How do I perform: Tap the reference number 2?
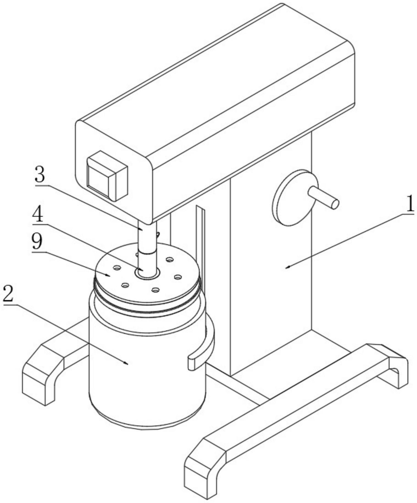coord(8,294)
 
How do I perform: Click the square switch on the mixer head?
coord(108,175)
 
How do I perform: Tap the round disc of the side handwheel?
coord(294,197)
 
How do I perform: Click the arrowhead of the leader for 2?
coord(127,364)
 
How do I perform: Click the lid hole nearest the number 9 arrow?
coord(117,267)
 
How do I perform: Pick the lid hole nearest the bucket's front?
coord(156,290)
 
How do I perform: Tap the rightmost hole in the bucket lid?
coord(178,277)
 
